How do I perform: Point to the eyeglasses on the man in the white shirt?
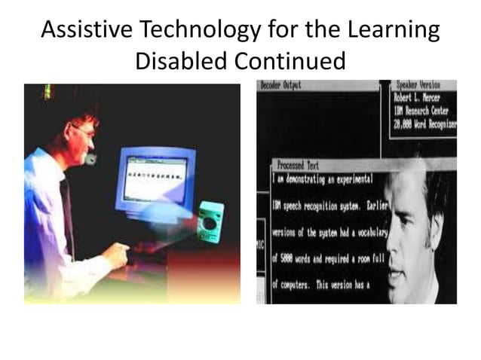[x=83, y=133]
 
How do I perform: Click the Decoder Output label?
[x=280, y=86]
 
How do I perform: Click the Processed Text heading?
[x=298, y=165]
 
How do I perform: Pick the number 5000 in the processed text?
[x=291, y=258]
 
